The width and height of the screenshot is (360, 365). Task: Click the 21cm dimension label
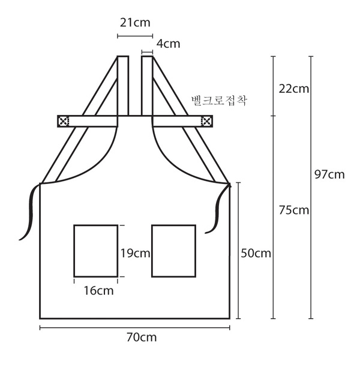tap(135, 23)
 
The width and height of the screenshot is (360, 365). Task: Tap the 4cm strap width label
tap(168, 44)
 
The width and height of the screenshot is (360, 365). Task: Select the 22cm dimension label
tap(294, 89)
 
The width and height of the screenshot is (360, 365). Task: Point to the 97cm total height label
tap(329, 174)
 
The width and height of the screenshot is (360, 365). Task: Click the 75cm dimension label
tap(294, 210)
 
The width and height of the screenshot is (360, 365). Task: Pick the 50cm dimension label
tap(256, 254)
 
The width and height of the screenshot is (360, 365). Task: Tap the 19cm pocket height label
tap(135, 254)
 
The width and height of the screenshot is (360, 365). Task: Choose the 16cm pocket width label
tap(99, 291)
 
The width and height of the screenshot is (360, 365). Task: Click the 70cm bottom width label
tap(142, 337)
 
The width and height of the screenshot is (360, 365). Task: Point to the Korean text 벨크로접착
tap(218, 101)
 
